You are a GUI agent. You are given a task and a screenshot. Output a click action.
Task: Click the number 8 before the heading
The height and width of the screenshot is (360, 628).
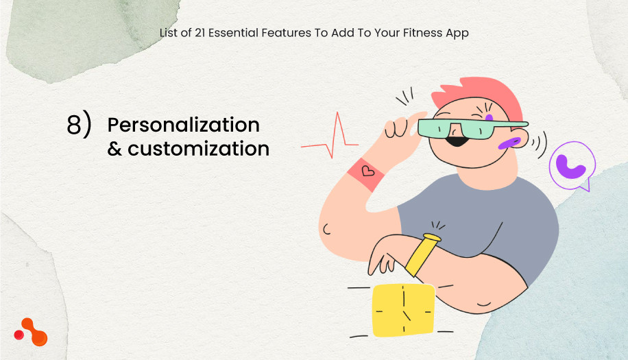point(74,126)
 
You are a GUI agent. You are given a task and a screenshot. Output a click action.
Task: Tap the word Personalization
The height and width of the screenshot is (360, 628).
point(183,125)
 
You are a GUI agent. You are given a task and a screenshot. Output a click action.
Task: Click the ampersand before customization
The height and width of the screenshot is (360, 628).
point(114,148)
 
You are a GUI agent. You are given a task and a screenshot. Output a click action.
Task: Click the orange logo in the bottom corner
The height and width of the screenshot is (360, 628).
point(31,332)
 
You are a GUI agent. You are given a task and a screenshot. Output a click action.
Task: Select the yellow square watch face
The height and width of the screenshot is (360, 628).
point(403,311)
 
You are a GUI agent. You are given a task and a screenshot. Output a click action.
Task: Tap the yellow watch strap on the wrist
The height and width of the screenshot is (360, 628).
point(422,254)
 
